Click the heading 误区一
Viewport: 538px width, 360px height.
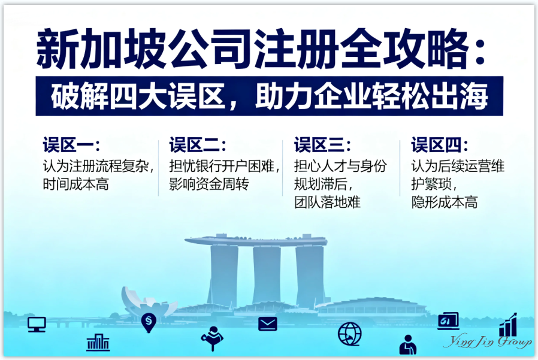[x=70, y=145]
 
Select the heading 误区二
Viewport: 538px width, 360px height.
[x=197, y=145]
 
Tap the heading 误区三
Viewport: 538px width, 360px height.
[x=321, y=145]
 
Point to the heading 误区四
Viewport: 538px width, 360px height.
[x=438, y=145]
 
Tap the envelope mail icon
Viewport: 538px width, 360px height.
[x=268, y=324]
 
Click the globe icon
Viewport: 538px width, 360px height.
[x=349, y=333]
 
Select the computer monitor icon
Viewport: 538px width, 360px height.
[x=37, y=324]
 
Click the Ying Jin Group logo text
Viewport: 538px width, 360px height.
[x=486, y=342]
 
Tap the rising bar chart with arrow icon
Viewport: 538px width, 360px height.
[x=508, y=325]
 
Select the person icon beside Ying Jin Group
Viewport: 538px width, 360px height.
[x=409, y=344]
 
